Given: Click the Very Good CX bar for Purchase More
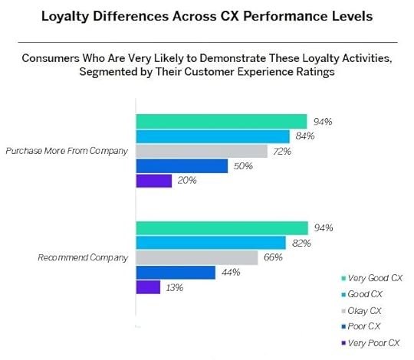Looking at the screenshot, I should (x=222, y=121).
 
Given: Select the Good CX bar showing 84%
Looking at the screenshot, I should (x=212, y=136).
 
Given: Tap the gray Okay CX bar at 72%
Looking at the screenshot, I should (x=202, y=151).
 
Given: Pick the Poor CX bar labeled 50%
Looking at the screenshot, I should (x=182, y=165).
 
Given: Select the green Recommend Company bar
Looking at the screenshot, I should (x=222, y=227).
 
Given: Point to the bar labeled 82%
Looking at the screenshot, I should (x=211, y=242).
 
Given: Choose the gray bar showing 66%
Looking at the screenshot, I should (x=197, y=257).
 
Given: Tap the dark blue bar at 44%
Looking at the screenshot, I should (x=176, y=272).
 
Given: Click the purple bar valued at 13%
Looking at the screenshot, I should (x=148, y=287).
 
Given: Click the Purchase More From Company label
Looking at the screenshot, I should (x=66, y=151).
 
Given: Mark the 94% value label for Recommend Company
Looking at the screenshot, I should (x=322, y=227).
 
